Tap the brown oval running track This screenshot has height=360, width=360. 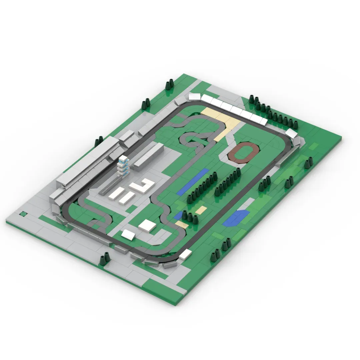click(x=243, y=152)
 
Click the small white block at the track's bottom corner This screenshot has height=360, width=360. click(x=186, y=254)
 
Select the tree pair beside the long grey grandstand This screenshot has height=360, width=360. click(x=99, y=141)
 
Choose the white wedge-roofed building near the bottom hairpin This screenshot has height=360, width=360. click(x=128, y=235)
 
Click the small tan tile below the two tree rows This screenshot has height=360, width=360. click(x=201, y=210)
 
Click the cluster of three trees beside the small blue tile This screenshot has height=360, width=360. click(x=190, y=216)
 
